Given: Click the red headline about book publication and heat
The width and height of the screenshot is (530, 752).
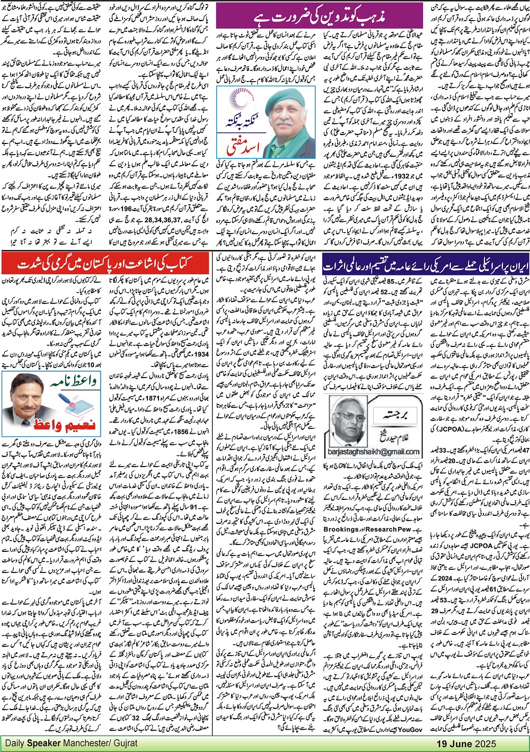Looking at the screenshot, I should [x=106, y=263].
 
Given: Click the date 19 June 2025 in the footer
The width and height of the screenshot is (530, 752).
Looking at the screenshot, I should [x=466, y=743].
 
